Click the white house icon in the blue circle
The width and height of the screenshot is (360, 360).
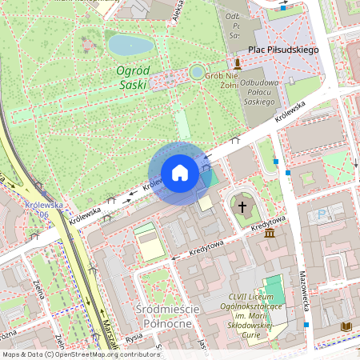point(180,173)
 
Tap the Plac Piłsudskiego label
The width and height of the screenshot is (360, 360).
point(283,50)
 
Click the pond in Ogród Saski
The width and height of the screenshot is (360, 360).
point(130,43)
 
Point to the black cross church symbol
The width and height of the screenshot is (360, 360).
point(242,206)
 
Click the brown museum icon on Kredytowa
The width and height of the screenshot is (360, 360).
point(270,233)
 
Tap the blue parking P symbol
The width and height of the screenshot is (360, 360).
point(322,214)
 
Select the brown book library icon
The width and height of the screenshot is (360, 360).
point(346,326)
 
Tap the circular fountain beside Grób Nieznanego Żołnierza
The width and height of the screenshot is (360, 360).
point(197,73)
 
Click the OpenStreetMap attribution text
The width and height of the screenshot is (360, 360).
point(81,354)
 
